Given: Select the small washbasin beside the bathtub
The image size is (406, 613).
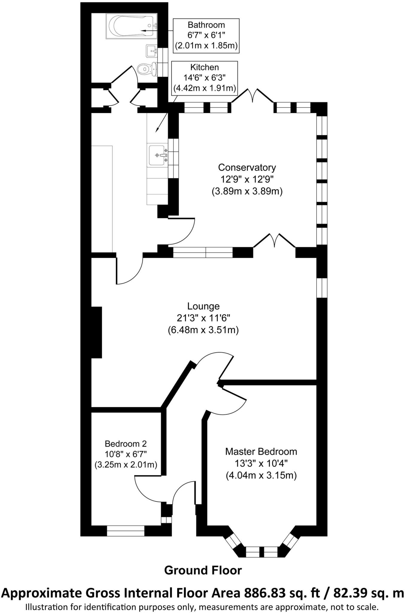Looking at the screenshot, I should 151,51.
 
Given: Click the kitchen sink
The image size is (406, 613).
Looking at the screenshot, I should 157,155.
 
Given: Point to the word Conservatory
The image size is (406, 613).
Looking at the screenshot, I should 247,167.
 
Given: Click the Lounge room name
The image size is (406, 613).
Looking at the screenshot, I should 203,306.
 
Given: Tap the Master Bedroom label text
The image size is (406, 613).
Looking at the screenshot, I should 261,451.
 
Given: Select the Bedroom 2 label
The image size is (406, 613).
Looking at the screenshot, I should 126,444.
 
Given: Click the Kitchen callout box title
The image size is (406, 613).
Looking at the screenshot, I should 205,67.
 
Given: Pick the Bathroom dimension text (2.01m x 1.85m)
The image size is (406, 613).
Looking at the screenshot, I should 206,46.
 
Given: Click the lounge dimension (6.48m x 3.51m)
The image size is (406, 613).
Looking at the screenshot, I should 203,330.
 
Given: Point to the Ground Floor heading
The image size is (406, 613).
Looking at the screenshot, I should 203,570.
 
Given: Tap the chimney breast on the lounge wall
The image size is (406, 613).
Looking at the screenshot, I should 96,332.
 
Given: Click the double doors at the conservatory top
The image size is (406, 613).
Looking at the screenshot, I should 253,96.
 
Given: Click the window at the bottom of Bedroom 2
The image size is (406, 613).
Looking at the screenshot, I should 126,531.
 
